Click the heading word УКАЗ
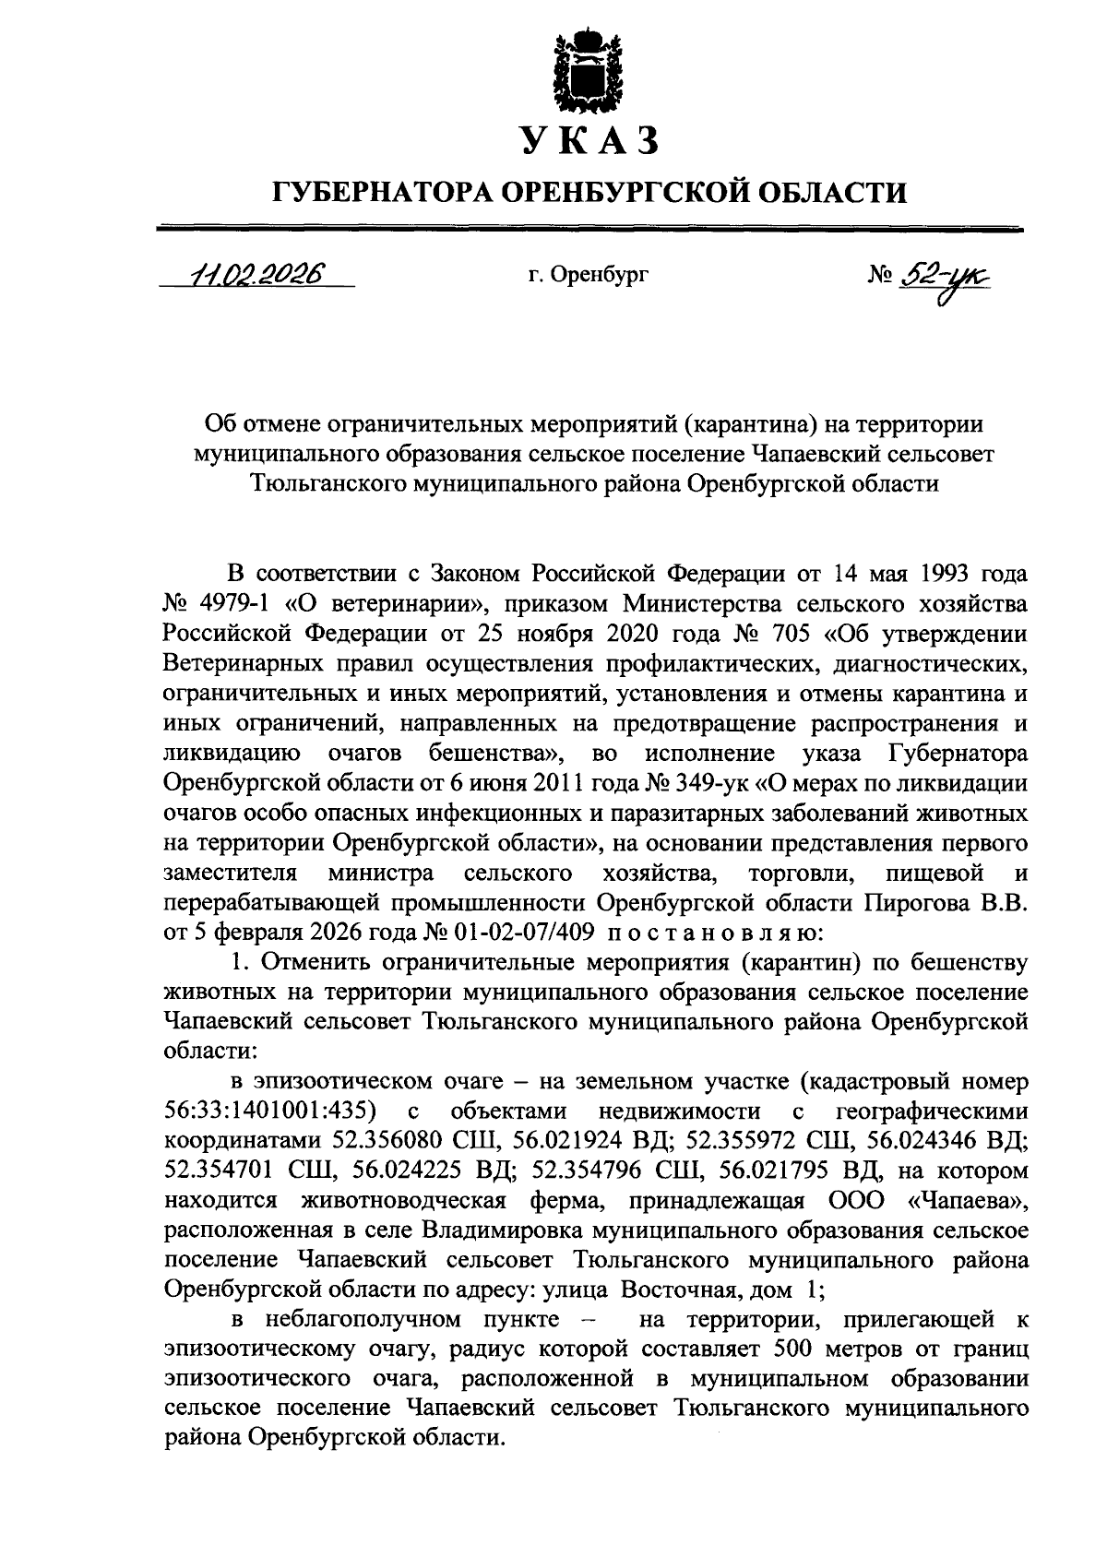(589, 140)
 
